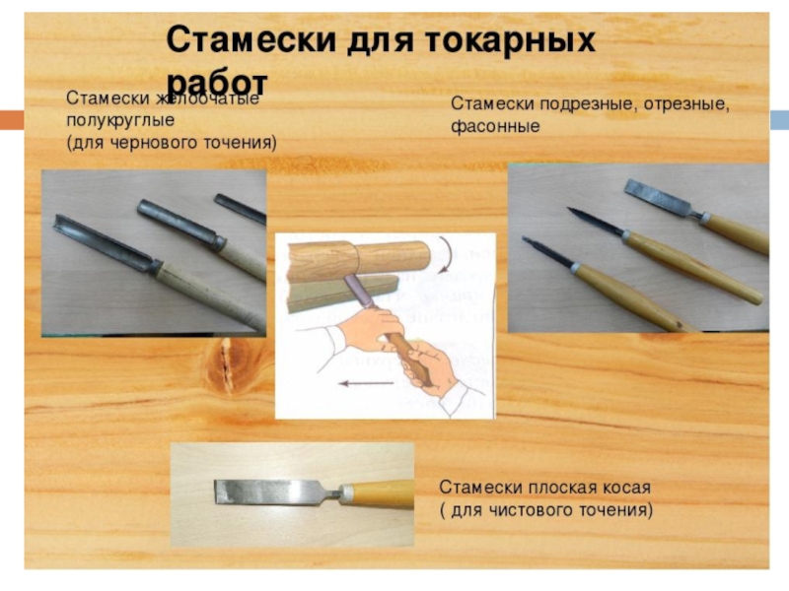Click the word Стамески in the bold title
(251, 39)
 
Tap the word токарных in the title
(510, 39)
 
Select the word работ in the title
(217, 81)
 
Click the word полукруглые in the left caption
(120, 120)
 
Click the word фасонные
(495, 126)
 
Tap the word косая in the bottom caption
(627, 488)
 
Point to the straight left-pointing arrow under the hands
(366, 383)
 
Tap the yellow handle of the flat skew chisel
(378, 493)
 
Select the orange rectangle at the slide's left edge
(12, 120)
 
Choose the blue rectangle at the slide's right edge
(779, 120)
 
